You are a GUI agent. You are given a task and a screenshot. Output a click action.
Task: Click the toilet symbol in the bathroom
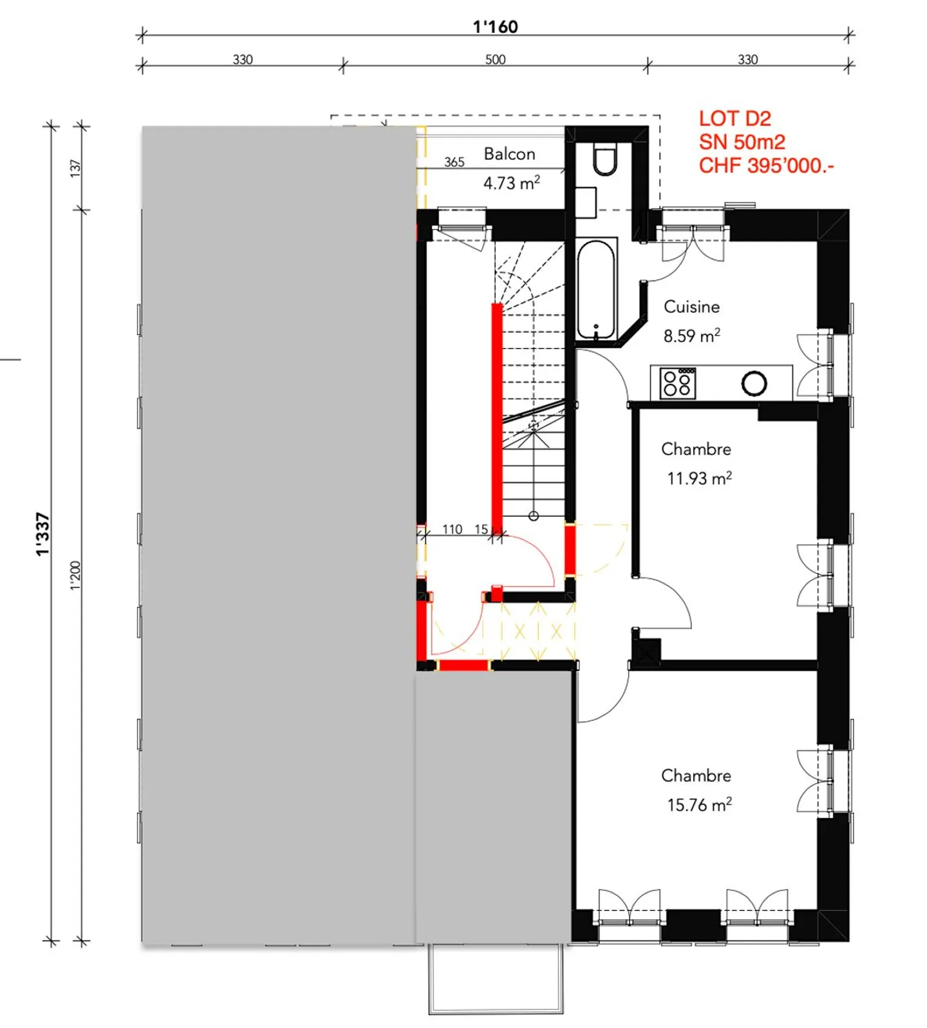[604, 161]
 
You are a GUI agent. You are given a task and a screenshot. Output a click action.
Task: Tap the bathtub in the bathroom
[596, 290]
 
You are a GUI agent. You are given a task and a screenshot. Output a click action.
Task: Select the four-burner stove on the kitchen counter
[678, 383]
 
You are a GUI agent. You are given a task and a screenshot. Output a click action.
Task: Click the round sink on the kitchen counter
[754, 384]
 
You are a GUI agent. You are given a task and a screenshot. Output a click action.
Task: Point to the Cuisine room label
[691, 307]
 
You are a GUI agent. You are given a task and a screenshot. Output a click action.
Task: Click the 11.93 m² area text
[699, 479]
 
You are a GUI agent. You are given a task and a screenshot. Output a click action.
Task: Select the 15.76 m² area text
[699, 805]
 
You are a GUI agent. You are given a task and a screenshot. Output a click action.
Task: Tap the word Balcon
[509, 154]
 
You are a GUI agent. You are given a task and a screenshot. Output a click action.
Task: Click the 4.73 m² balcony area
[511, 184]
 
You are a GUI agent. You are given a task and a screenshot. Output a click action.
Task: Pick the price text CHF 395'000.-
[766, 166]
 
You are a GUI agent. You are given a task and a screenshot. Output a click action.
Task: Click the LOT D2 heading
[735, 119]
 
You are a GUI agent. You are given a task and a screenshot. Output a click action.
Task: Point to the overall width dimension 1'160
[495, 26]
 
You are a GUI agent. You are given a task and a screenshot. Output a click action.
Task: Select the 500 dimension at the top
[495, 59]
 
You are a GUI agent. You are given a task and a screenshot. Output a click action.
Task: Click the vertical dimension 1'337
[42, 534]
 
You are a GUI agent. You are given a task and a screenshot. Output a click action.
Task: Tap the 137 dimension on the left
[76, 168]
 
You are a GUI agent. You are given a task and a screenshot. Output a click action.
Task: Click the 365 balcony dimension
[454, 162]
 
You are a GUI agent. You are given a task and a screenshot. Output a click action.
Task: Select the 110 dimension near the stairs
[452, 529]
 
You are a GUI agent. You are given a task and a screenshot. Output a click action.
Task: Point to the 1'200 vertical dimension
[76, 575]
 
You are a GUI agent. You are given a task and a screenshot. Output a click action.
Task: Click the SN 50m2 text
[742, 142]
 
